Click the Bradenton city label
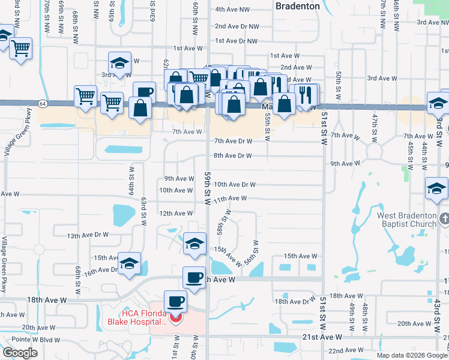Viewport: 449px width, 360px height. tap(297, 5)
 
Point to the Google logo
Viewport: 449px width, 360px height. tap(20, 353)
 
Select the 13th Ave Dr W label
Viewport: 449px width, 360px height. tap(88, 235)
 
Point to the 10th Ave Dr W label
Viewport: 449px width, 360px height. tap(235, 185)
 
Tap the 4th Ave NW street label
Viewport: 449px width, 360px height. tap(233, 10)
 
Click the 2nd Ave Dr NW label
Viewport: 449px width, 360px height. tap(237, 26)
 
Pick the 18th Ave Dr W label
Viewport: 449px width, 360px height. tap(295, 301)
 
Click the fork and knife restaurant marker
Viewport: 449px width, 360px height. tap(305, 95)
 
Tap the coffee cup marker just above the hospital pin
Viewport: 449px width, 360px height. tap(175, 300)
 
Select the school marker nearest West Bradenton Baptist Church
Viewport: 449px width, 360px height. tap(436, 190)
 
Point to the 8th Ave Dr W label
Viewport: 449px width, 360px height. tap(232, 155)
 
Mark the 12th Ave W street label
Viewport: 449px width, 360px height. tap(176, 213)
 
